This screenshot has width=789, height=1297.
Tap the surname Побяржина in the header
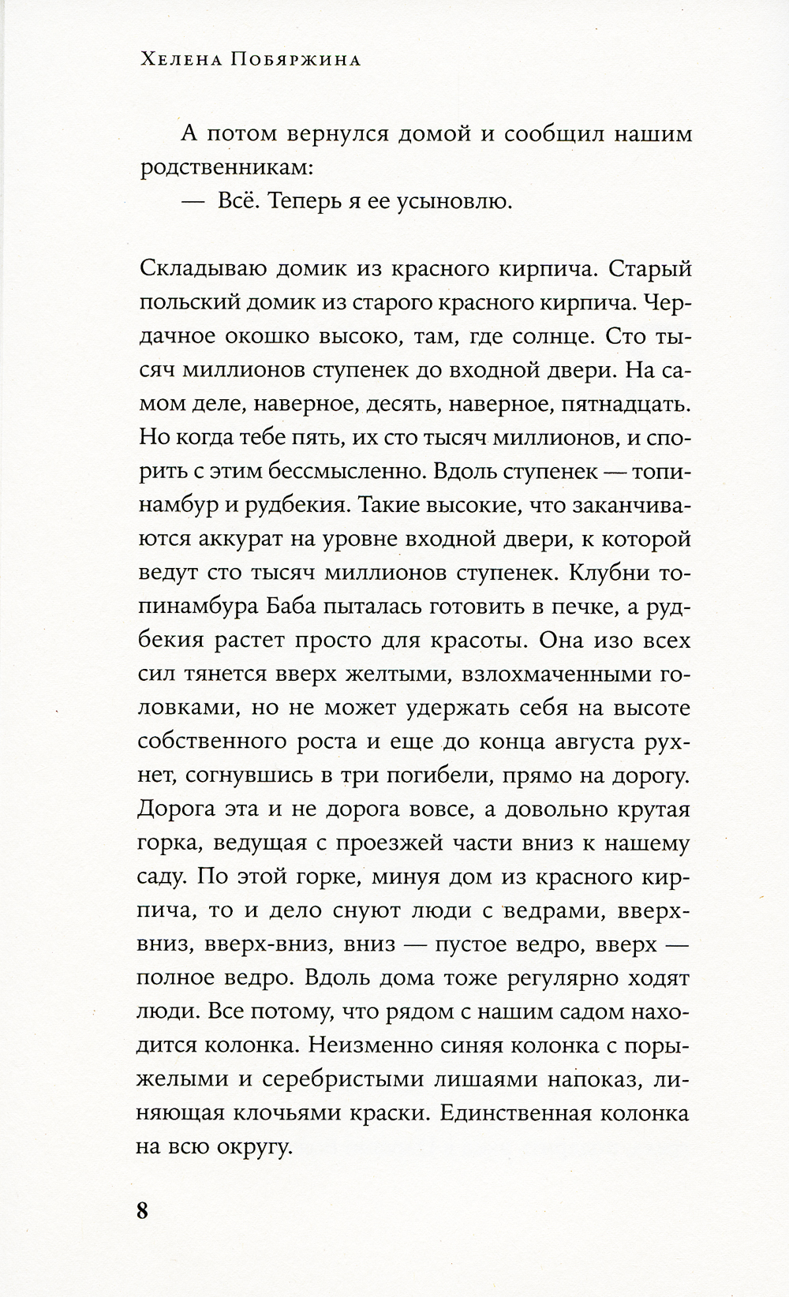tap(292, 61)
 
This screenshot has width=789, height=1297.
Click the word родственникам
tap(224, 168)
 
